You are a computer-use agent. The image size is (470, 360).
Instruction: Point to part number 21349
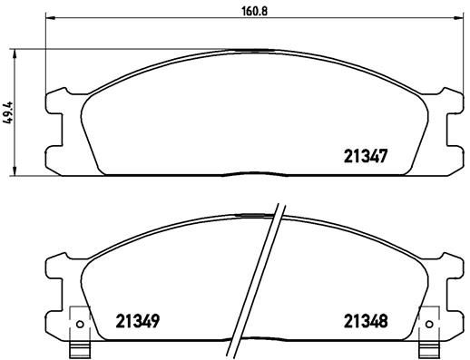click(139, 320)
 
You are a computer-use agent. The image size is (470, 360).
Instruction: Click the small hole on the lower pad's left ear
click(80, 323)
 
